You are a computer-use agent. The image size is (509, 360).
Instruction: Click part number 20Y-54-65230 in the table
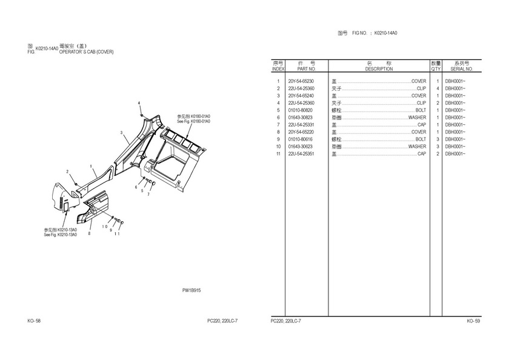pyautogui.click(x=301, y=81)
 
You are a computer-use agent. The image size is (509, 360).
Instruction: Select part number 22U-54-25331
pyautogui.click(x=301, y=125)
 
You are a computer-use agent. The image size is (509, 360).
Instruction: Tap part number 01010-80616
pyautogui.click(x=301, y=139)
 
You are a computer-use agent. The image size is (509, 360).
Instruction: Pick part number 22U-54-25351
pyautogui.click(x=301, y=154)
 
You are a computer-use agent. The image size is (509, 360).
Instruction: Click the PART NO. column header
pyautogui.click(x=307, y=69)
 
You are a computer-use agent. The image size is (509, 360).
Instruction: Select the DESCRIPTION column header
pyautogui.click(x=379, y=69)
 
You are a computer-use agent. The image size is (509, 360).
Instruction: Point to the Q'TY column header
pyautogui.click(x=436, y=69)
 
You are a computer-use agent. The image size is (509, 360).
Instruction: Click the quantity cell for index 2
pyautogui.click(x=437, y=88)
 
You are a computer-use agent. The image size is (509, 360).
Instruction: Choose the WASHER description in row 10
pyautogui.click(x=417, y=147)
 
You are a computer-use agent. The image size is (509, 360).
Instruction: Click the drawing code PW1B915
pyautogui.click(x=191, y=290)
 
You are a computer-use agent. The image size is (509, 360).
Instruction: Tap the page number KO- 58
pyautogui.click(x=34, y=321)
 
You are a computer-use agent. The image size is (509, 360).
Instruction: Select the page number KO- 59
pyautogui.click(x=473, y=321)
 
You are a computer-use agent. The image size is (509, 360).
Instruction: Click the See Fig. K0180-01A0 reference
pyautogui.click(x=193, y=121)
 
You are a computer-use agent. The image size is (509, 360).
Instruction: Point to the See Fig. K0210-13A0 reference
pyautogui.click(x=60, y=235)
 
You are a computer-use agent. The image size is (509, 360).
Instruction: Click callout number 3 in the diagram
pyautogui.click(x=121, y=132)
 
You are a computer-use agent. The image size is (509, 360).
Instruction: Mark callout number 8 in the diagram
pyautogui.click(x=90, y=233)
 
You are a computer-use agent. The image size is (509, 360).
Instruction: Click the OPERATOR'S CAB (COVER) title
pyautogui.click(x=86, y=52)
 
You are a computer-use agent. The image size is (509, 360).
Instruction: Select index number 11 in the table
pyautogui.click(x=278, y=154)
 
